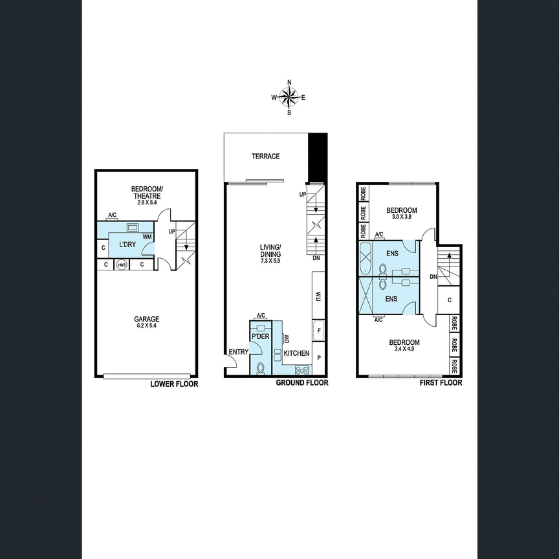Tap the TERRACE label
click(266, 157)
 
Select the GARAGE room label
click(147, 319)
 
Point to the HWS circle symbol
click(121, 265)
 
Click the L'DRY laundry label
click(126, 245)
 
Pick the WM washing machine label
click(148, 237)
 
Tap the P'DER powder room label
click(260, 336)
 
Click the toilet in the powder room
click(261, 367)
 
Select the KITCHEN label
click(296, 354)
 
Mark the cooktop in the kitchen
click(302, 370)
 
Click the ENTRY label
click(238, 352)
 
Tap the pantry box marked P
click(318, 357)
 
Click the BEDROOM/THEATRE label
click(147, 192)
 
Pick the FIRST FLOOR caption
click(440, 383)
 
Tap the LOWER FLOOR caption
click(174, 384)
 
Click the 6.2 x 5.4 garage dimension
click(147, 326)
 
